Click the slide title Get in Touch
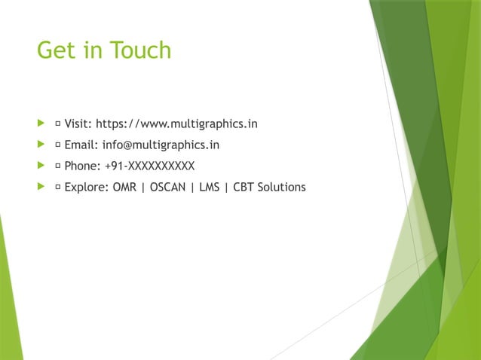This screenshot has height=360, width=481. click(x=104, y=50)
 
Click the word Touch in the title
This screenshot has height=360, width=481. click(x=140, y=50)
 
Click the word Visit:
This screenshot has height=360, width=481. click(x=78, y=124)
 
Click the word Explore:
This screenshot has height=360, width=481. click(x=87, y=187)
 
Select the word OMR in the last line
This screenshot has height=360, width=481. click(x=124, y=187)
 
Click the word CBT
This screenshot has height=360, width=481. click(x=244, y=187)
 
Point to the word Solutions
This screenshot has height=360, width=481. click(x=281, y=187)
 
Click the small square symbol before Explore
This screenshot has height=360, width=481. click(x=58, y=188)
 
